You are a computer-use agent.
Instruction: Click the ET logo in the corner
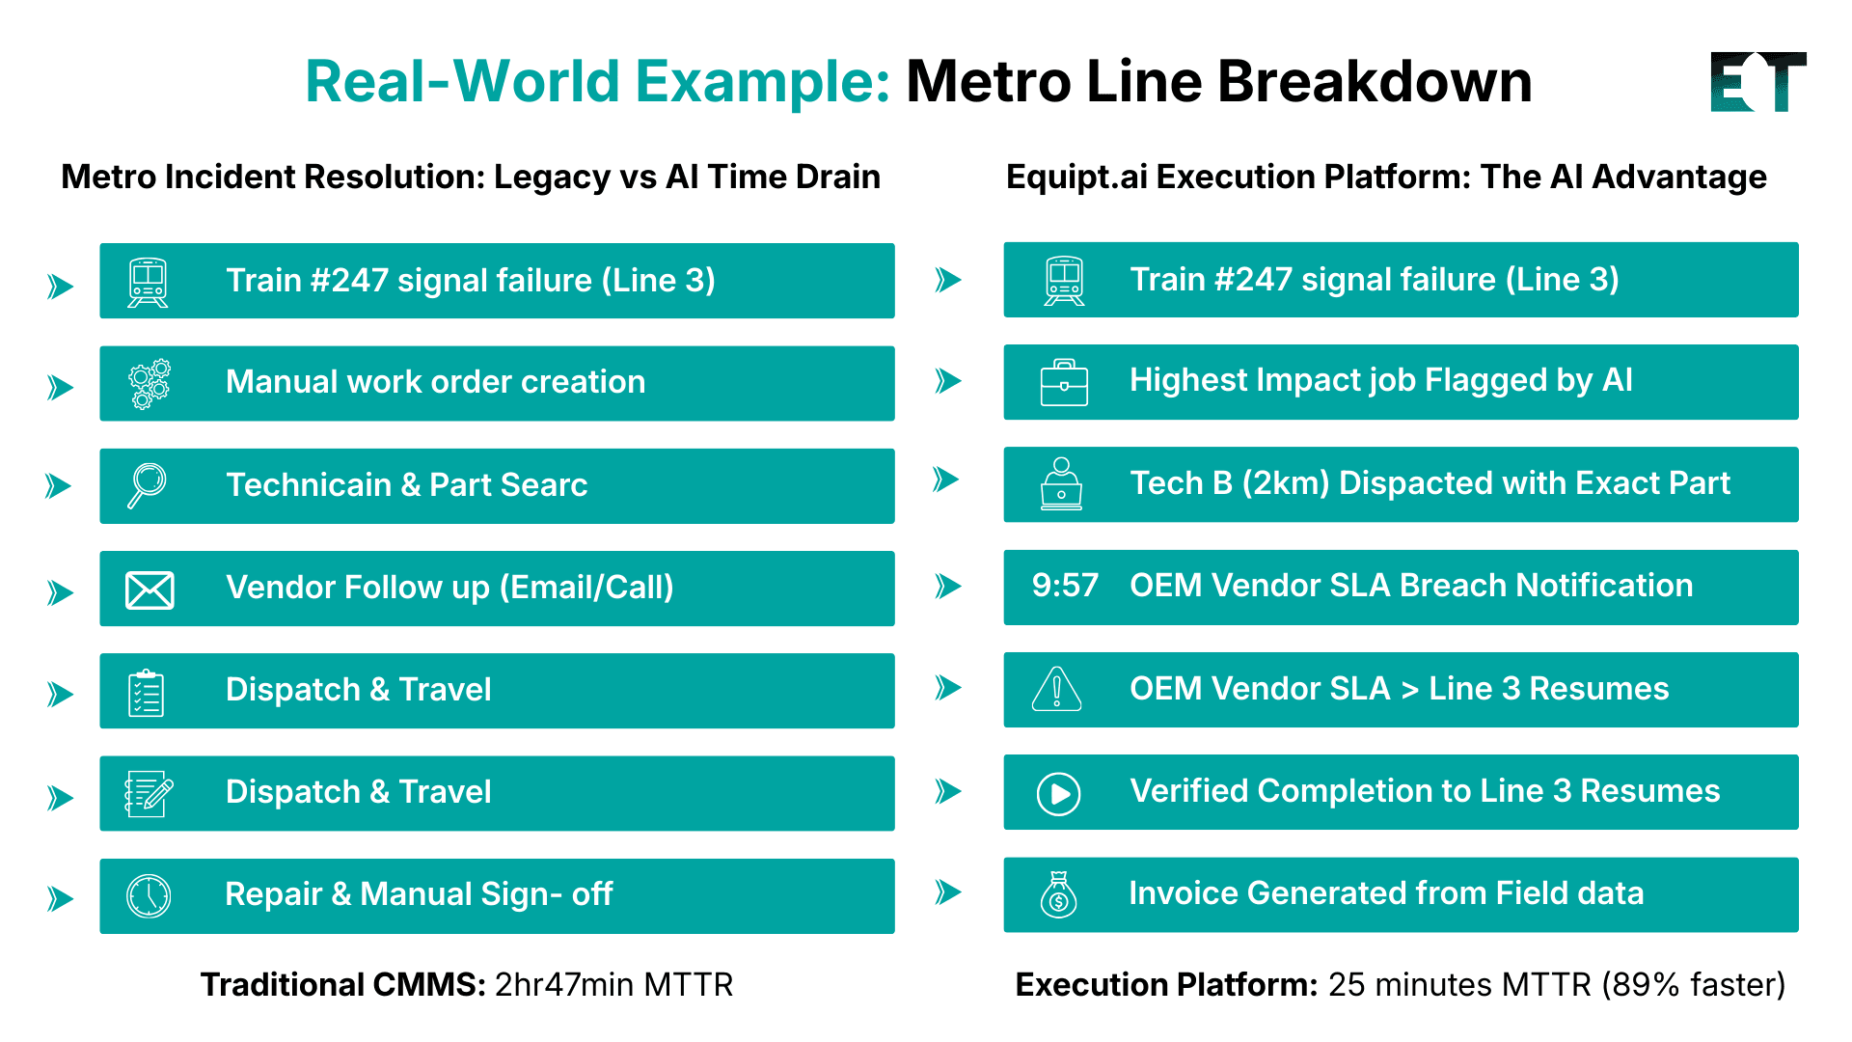(1757, 82)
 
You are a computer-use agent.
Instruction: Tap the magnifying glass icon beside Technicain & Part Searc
(148, 484)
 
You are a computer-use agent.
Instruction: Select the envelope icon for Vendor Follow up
(150, 590)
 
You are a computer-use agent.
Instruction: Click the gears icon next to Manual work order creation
(150, 384)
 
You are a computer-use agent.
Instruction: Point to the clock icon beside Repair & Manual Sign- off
(149, 896)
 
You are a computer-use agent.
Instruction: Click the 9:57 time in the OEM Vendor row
(1064, 586)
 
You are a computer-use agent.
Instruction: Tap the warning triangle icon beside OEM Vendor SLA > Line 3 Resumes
(1056, 689)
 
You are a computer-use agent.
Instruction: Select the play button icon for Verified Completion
(1058, 794)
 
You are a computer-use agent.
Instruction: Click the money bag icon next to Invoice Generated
(1058, 895)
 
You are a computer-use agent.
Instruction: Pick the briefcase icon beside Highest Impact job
(1064, 383)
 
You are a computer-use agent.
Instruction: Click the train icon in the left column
(148, 282)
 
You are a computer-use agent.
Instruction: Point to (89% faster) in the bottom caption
(1694, 985)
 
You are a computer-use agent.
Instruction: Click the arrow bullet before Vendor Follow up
(61, 592)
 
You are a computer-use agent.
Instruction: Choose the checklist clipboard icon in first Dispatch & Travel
(147, 693)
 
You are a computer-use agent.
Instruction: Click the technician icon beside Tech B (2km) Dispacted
(1061, 484)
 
